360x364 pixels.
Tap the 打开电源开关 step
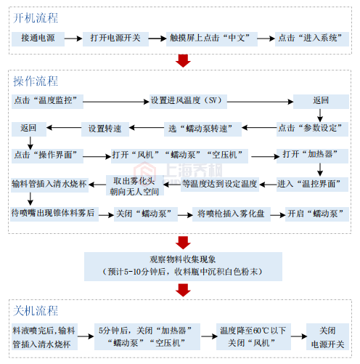point(116,39)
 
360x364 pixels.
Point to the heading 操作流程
point(36,81)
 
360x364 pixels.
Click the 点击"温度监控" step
point(46,100)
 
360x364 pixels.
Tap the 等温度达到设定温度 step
point(219,185)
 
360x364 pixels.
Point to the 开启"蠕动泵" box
point(316,214)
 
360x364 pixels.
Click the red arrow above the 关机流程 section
point(183,290)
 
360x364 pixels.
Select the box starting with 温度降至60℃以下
point(254,336)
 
